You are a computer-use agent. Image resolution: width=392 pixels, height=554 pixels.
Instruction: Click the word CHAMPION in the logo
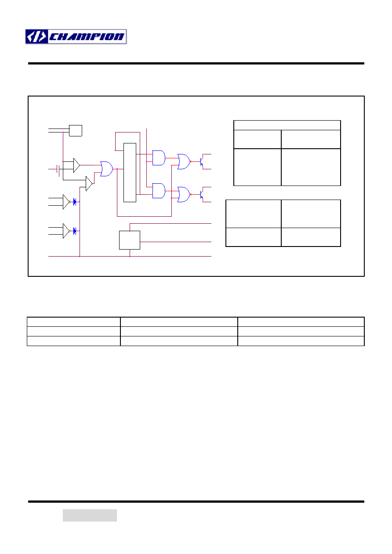coord(87,37)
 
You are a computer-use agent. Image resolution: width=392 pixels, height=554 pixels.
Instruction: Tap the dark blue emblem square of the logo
coord(36,37)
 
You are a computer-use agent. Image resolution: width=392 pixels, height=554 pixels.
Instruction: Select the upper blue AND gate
coord(159,158)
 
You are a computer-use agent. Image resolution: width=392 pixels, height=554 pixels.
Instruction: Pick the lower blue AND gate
coord(159,191)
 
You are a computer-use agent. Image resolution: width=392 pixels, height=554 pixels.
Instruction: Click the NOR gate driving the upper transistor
coord(184,161)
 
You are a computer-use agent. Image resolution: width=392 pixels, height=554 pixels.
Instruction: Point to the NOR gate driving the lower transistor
coord(184,194)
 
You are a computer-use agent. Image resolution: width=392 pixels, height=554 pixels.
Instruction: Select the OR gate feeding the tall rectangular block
coord(106,169)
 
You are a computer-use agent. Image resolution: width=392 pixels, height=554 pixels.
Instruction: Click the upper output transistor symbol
coord(202,161)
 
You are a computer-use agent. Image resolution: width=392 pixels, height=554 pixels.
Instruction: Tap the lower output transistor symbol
coord(202,194)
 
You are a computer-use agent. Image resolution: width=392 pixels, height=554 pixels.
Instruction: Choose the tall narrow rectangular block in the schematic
coord(130,172)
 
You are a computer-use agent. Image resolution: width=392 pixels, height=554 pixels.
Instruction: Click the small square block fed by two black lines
coord(75,131)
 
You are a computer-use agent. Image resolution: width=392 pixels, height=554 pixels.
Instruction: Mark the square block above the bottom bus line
coord(130,240)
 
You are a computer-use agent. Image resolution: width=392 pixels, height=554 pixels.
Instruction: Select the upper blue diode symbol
coord(75,202)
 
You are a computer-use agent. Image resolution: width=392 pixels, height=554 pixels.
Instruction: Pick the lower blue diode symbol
coord(75,231)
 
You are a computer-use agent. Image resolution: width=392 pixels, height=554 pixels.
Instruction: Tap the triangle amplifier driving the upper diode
coord(66,202)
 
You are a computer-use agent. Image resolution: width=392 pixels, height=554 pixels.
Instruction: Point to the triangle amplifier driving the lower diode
coord(66,231)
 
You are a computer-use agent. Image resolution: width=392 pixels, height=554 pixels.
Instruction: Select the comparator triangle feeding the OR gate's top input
coord(76,165)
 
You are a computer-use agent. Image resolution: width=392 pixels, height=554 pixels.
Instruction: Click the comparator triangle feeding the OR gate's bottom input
coord(89,183)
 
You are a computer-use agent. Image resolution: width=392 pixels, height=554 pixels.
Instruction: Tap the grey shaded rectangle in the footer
coord(90,515)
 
